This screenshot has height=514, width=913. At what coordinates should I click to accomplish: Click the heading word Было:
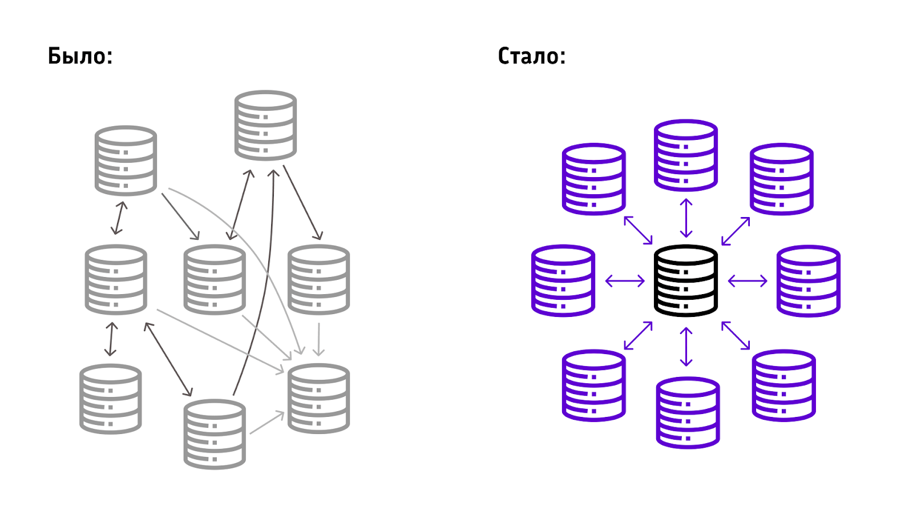coord(80,57)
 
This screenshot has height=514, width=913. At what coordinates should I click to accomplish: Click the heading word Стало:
coord(531,57)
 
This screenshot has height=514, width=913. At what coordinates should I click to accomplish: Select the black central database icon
coord(685,280)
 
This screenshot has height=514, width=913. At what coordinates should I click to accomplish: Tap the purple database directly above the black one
coord(685,155)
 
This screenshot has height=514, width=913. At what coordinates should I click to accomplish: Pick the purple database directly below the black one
coord(688,413)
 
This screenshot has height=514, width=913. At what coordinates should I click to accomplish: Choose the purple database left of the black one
coord(563,280)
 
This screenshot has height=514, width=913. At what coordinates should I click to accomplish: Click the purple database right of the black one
coord(808,280)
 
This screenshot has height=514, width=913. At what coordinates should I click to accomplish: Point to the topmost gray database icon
coord(265,125)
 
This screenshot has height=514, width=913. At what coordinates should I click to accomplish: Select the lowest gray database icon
coord(215,434)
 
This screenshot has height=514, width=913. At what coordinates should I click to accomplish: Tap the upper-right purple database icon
coord(781,179)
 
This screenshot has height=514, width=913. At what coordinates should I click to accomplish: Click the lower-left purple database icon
coord(593,385)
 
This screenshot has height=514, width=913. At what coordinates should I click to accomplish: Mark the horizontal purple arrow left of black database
coord(625,280)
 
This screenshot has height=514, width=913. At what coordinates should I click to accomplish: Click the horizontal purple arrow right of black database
coord(748,280)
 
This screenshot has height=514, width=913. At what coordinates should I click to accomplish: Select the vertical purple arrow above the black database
coord(686,218)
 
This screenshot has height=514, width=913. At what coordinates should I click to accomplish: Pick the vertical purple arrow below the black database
coord(686,347)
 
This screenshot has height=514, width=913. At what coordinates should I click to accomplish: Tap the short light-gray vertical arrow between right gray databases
coord(318,339)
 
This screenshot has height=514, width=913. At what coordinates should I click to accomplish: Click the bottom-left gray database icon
coord(110,399)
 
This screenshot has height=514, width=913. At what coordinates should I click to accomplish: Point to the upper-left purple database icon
coord(593,179)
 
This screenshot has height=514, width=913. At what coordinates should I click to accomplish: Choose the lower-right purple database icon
coord(783,385)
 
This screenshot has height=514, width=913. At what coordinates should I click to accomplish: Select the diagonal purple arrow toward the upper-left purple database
coord(638,230)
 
